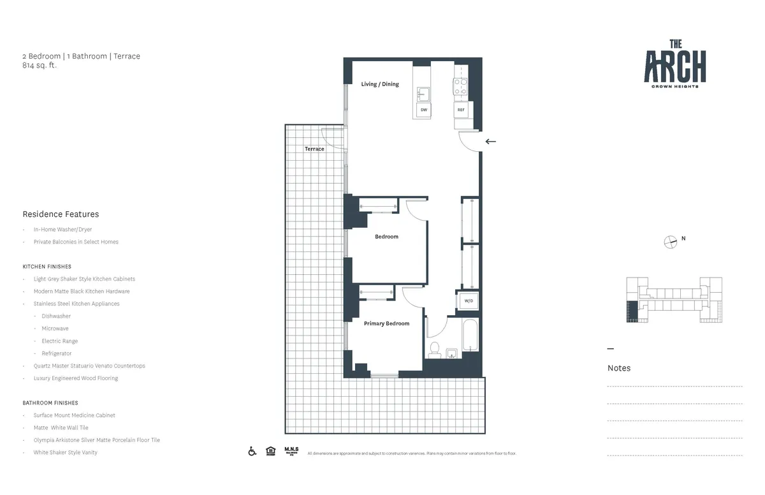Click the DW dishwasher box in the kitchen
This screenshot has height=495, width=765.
(423, 110)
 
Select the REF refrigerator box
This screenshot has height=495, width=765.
(461, 110)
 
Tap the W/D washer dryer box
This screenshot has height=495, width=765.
(468, 300)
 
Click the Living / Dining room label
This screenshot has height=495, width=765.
(380, 84)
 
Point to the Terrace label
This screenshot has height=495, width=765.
(314, 149)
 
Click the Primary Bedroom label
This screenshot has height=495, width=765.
(386, 324)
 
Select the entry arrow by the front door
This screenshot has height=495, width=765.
(490, 142)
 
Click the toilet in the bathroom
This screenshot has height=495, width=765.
(435, 348)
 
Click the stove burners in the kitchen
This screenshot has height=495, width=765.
(460, 86)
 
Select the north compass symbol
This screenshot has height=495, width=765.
(670, 241)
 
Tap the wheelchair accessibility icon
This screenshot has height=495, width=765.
(252, 452)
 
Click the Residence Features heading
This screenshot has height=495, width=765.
(61, 214)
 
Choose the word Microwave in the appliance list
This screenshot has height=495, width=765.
(55, 329)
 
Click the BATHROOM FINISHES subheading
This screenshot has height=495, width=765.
(50, 403)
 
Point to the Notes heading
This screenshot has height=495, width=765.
(618, 368)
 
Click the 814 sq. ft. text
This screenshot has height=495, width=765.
(40, 65)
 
